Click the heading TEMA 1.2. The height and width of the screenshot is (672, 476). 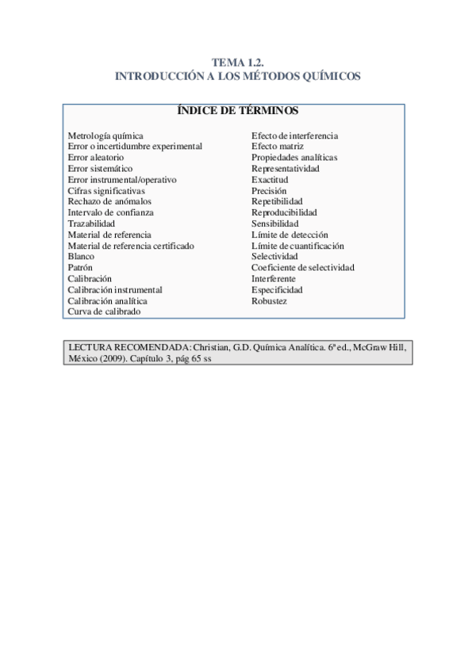[x=237, y=63]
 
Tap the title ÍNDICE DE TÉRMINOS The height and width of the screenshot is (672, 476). [x=237, y=111]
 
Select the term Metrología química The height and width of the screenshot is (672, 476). [x=106, y=136]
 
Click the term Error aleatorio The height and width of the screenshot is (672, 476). [x=95, y=158]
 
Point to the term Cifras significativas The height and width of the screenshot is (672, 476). [x=106, y=191]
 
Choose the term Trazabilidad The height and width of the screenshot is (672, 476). [x=91, y=224]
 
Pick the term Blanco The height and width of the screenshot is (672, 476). [x=81, y=257]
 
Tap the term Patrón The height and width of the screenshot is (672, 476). [x=80, y=268]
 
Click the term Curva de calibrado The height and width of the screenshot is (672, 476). [x=104, y=312]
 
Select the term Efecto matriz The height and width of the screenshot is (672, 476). [x=278, y=147]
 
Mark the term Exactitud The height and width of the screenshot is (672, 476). [x=270, y=180]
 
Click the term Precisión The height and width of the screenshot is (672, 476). [x=270, y=191]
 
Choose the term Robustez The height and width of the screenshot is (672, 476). [x=269, y=301]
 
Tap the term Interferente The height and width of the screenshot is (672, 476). [x=274, y=279]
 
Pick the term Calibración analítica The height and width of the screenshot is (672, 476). [x=107, y=301]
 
